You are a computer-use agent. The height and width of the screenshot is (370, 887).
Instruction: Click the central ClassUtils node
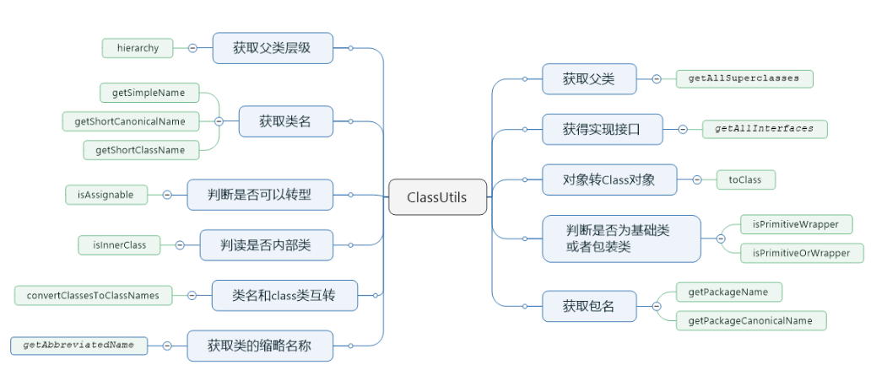pos(437,197)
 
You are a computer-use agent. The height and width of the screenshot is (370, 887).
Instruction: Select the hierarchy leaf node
pos(138,48)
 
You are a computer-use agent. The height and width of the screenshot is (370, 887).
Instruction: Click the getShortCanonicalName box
pos(129,121)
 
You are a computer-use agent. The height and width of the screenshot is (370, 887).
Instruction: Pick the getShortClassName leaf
pos(140,150)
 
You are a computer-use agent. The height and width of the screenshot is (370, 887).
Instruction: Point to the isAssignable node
pos(105,195)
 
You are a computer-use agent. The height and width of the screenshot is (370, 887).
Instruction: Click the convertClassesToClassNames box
pos(93,295)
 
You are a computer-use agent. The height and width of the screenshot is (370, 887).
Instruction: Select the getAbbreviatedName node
pos(78,345)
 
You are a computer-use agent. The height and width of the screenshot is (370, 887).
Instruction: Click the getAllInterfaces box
pos(764,129)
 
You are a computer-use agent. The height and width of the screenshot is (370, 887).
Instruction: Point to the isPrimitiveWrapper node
pos(796,224)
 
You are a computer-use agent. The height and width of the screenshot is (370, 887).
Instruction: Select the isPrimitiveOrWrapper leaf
pos(802,253)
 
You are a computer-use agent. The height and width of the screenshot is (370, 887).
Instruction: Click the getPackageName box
pos(728,292)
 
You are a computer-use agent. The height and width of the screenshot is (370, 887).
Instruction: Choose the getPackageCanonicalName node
pos(750,320)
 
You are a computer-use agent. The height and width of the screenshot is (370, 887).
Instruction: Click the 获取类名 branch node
pos(285,121)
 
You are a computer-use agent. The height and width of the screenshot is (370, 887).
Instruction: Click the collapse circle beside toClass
pos(697,180)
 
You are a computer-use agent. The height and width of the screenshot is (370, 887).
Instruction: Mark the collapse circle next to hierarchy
pos(192,48)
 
